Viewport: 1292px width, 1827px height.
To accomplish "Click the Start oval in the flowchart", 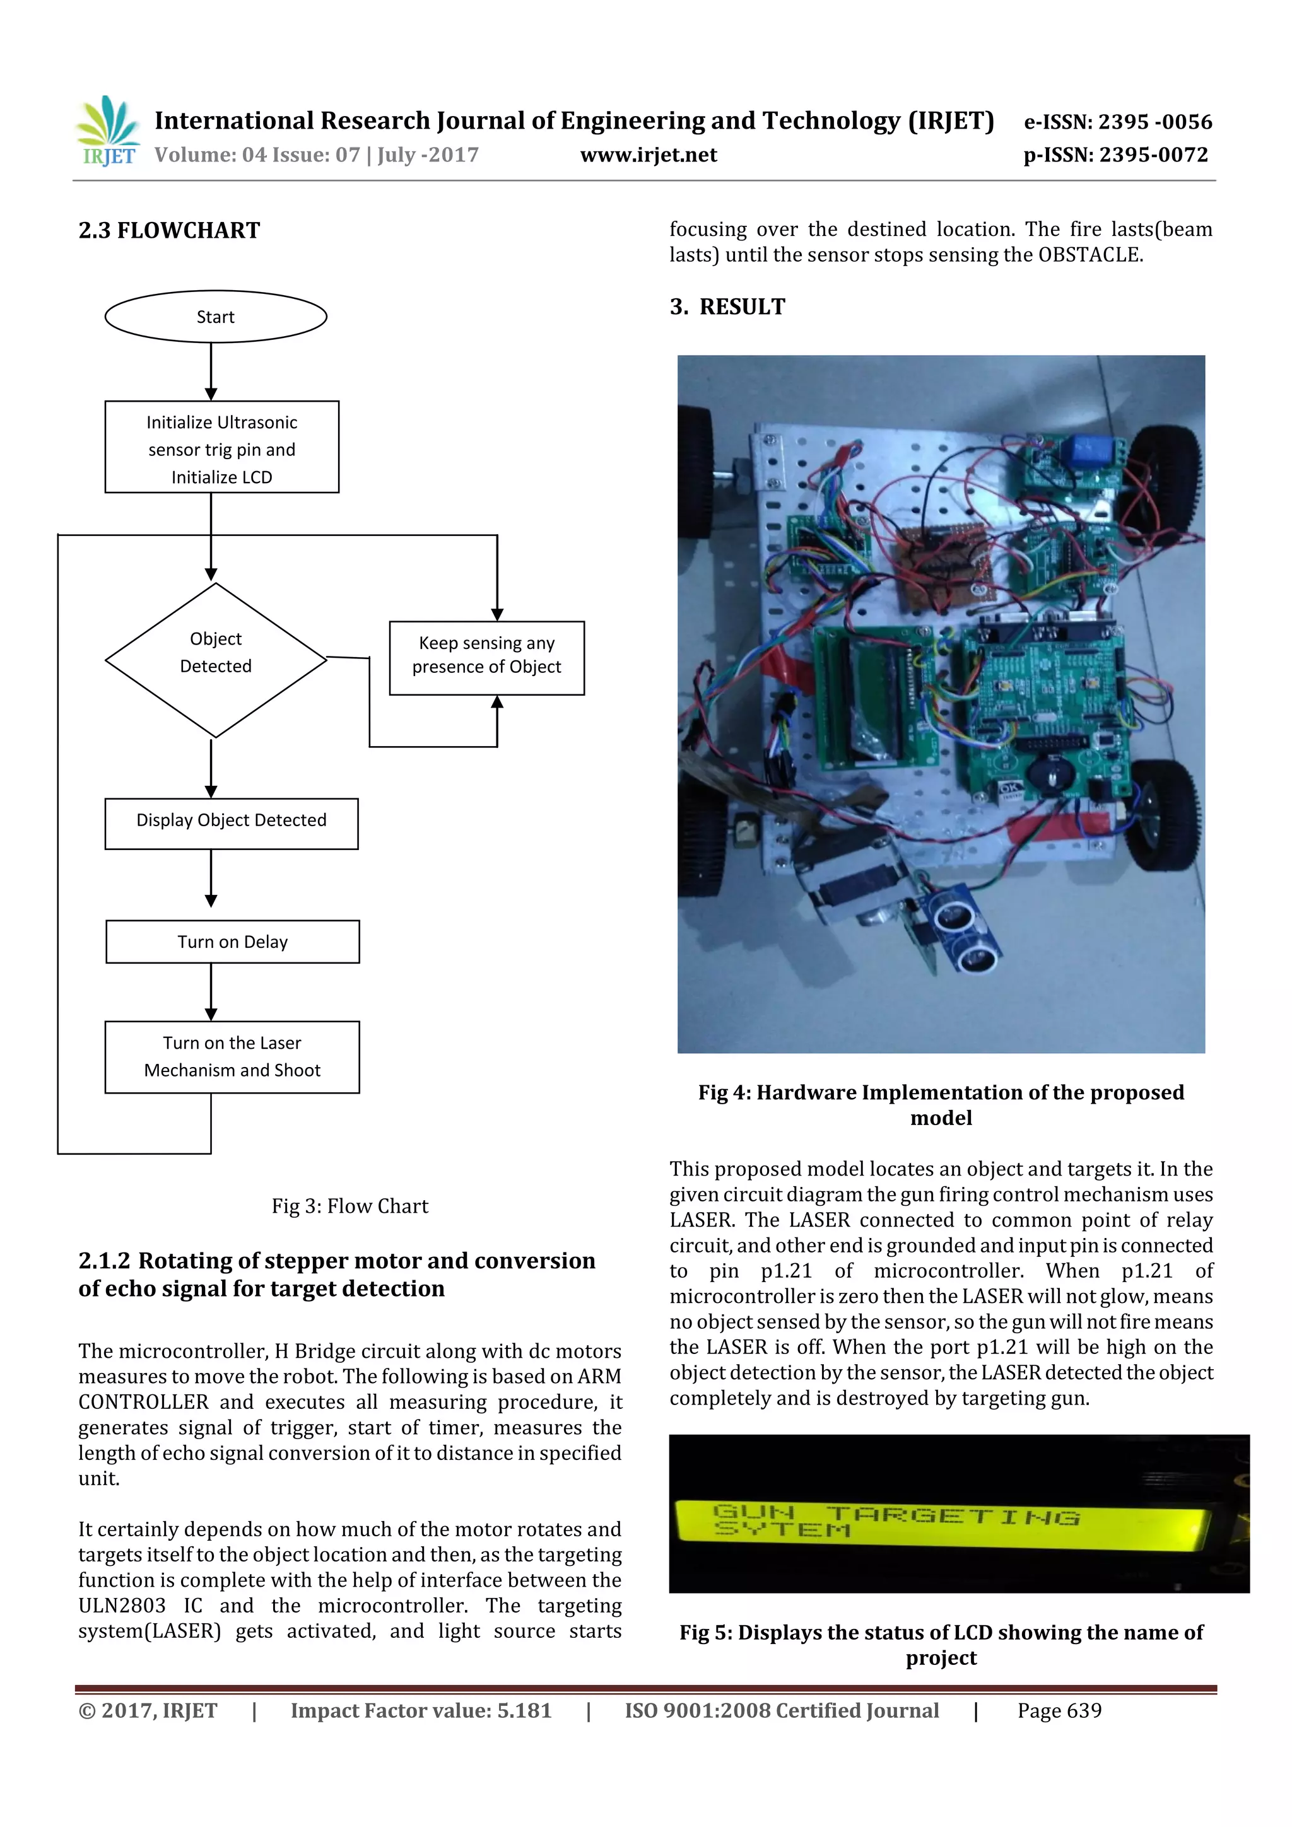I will point(216,317).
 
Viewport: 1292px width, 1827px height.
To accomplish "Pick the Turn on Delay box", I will point(232,942).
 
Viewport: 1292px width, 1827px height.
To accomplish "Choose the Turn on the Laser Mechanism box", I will point(232,1057).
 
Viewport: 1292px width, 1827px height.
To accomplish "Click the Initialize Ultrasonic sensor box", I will point(222,447).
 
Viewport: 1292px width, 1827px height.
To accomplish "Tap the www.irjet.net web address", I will point(648,155).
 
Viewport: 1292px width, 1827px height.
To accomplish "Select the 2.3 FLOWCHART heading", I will point(169,231).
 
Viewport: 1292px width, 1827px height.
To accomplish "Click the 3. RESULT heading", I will point(727,307).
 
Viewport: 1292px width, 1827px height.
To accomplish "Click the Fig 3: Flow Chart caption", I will point(349,1206).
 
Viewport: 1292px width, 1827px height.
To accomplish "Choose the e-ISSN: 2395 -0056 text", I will point(1117,122).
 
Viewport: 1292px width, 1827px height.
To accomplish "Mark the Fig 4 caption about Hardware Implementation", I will point(941,1104).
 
